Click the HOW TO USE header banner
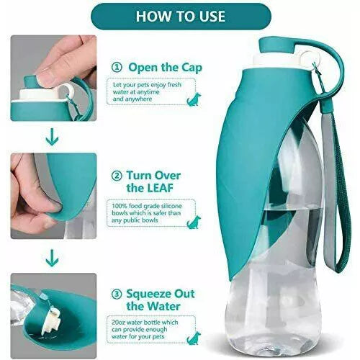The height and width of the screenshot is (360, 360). click(x=180, y=15)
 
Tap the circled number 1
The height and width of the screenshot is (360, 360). click(x=116, y=67)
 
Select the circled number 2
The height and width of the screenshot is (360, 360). click(x=116, y=175)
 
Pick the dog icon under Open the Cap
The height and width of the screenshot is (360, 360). click(x=193, y=99)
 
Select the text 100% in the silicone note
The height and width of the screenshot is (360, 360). click(x=121, y=207)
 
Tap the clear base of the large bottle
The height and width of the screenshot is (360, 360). click(x=277, y=324)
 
